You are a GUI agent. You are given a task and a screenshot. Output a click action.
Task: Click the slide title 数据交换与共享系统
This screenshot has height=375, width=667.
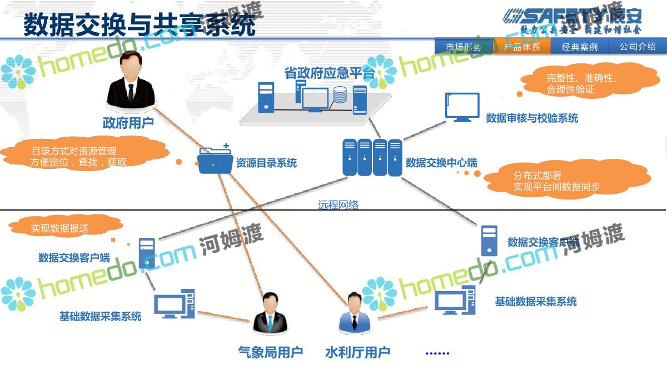click(139, 25)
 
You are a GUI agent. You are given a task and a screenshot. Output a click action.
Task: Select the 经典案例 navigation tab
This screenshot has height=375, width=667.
click(579, 47)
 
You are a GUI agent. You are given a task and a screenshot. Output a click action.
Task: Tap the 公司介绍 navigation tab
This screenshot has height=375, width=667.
click(638, 47)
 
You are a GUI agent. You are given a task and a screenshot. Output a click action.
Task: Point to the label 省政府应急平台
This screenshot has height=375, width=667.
click(329, 73)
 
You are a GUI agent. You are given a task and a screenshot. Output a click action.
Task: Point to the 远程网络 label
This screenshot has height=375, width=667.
click(338, 204)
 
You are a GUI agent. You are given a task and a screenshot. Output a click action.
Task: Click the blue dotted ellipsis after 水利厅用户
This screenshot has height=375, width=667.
click(437, 353)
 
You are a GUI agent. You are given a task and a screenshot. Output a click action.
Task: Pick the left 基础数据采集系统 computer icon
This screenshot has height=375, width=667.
click(174, 304)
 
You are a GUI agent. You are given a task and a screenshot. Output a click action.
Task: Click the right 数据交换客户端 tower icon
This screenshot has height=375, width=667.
click(489, 240)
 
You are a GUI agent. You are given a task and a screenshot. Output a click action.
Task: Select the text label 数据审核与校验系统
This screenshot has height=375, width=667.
click(532, 118)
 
